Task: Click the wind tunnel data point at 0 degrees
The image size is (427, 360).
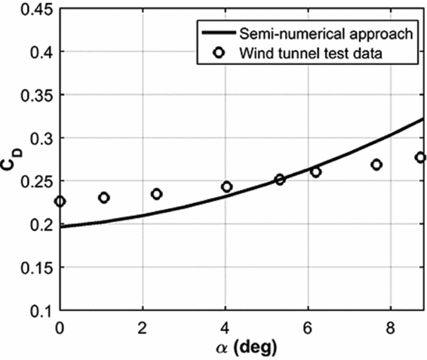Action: [60, 202]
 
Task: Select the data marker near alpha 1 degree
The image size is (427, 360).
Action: [104, 198]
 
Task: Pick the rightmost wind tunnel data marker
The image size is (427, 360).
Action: [420, 157]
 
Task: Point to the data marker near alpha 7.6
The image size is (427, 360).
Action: [376, 165]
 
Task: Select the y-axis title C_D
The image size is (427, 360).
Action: [13, 159]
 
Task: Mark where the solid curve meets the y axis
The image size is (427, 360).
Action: [60, 226]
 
